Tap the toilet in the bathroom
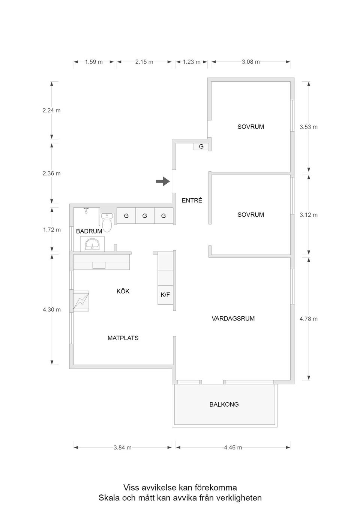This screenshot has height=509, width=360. (107, 223)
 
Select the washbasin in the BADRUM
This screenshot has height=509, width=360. (92, 245)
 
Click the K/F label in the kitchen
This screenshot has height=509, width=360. (165, 295)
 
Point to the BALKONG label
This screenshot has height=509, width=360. (224, 404)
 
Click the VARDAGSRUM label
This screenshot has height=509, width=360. (233, 319)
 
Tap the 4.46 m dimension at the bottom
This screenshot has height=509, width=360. (233, 448)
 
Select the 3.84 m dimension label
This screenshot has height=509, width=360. (123, 448)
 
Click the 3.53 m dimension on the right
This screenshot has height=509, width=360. (308, 127)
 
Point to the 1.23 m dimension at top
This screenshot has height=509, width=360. (191, 62)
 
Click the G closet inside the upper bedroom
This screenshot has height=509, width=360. (201, 147)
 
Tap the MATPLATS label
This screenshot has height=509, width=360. (123, 338)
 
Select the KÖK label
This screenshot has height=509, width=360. (123, 291)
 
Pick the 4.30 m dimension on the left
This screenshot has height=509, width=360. (51, 310)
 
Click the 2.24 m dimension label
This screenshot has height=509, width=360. (51, 111)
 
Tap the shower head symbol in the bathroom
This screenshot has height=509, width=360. (86, 210)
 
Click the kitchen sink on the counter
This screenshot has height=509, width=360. (99, 265)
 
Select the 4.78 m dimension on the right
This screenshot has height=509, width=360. (308, 319)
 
